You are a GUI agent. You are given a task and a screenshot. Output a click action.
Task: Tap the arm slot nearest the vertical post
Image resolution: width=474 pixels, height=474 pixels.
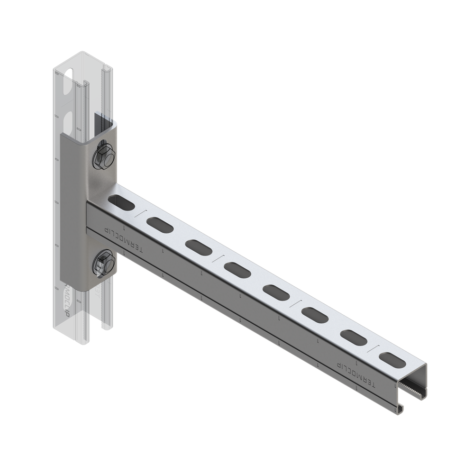(x=121, y=202)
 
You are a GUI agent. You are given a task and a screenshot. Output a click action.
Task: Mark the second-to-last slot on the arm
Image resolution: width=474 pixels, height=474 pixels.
(x=353, y=336)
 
